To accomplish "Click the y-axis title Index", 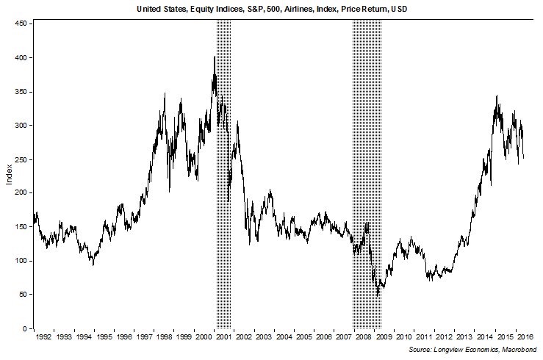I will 8,176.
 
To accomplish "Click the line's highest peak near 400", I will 215,57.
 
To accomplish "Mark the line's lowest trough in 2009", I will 378,295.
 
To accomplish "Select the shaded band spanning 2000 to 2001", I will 223,176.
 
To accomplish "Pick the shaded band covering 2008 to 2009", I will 367,176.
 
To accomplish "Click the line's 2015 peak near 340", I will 497,96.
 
